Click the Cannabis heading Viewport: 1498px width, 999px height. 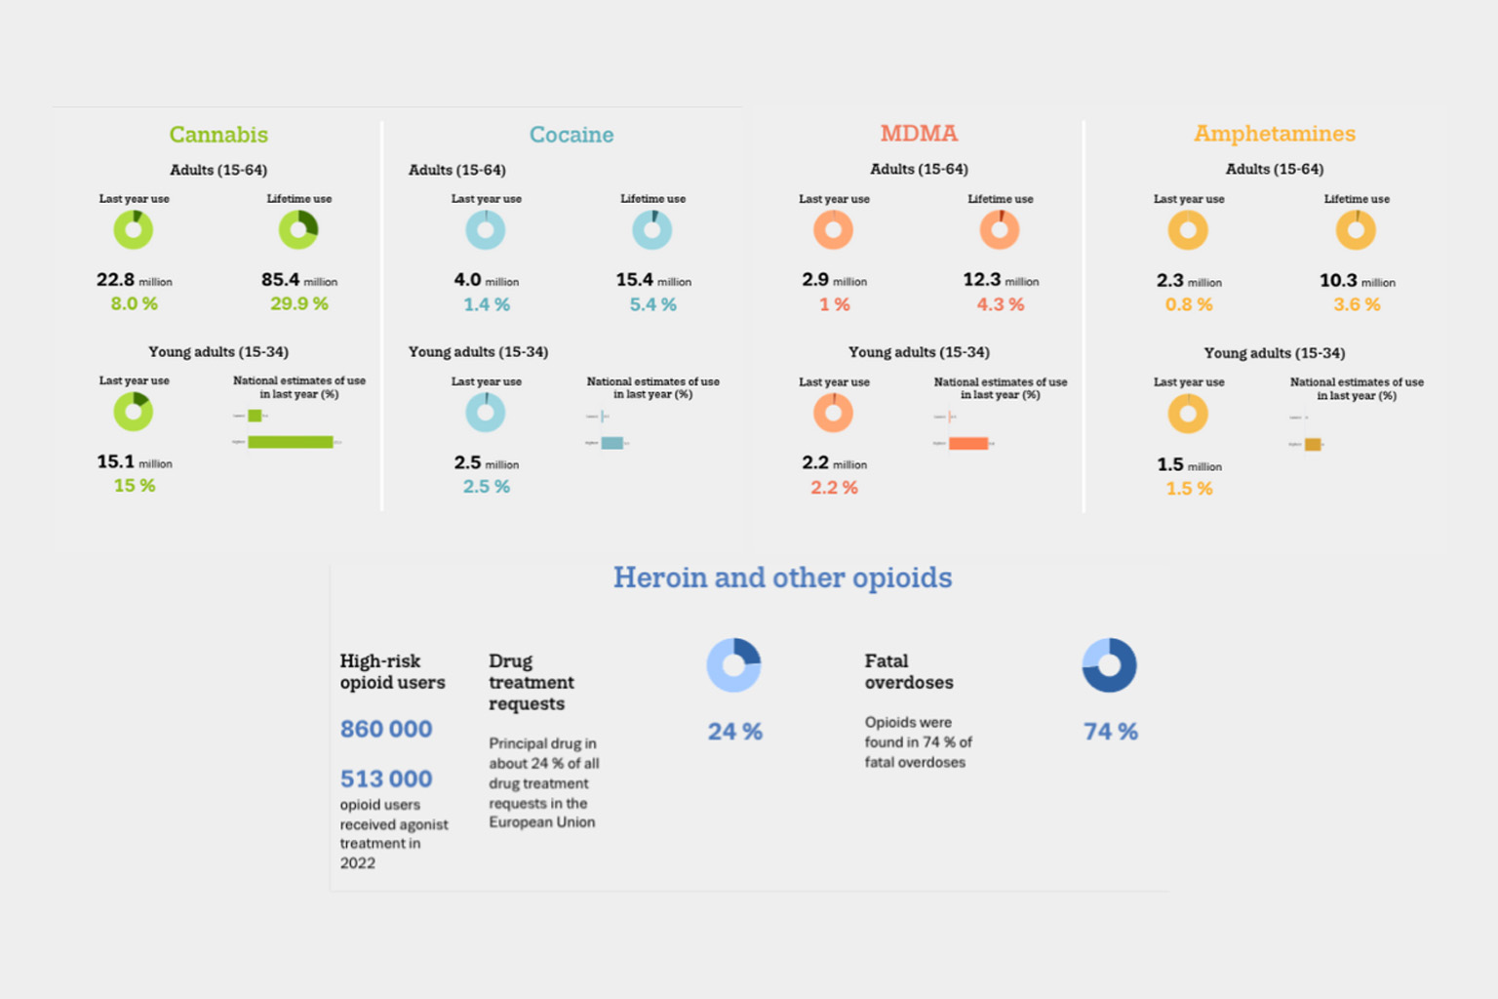[218, 135]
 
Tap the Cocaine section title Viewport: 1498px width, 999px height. [572, 135]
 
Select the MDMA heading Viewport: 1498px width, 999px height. [919, 134]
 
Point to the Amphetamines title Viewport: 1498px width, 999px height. [1275, 134]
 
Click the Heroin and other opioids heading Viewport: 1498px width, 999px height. [782, 578]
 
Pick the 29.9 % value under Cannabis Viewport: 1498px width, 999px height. [299, 304]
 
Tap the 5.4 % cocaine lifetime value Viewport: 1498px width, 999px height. [652, 304]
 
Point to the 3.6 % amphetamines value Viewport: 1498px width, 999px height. [1357, 304]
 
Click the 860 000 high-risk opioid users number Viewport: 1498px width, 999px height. [386, 729]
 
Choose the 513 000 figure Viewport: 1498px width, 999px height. [386, 779]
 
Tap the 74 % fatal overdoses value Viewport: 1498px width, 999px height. [1110, 732]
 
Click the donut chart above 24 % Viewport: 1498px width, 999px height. [733, 665]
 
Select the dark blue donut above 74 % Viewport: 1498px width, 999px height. [1109, 665]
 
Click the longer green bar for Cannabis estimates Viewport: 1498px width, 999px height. [290, 442]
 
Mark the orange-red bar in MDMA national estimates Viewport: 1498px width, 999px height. [968, 444]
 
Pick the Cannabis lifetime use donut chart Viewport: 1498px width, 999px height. [298, 230]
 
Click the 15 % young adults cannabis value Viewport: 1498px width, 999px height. [135, 486]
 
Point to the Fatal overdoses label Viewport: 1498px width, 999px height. [908, 671]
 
